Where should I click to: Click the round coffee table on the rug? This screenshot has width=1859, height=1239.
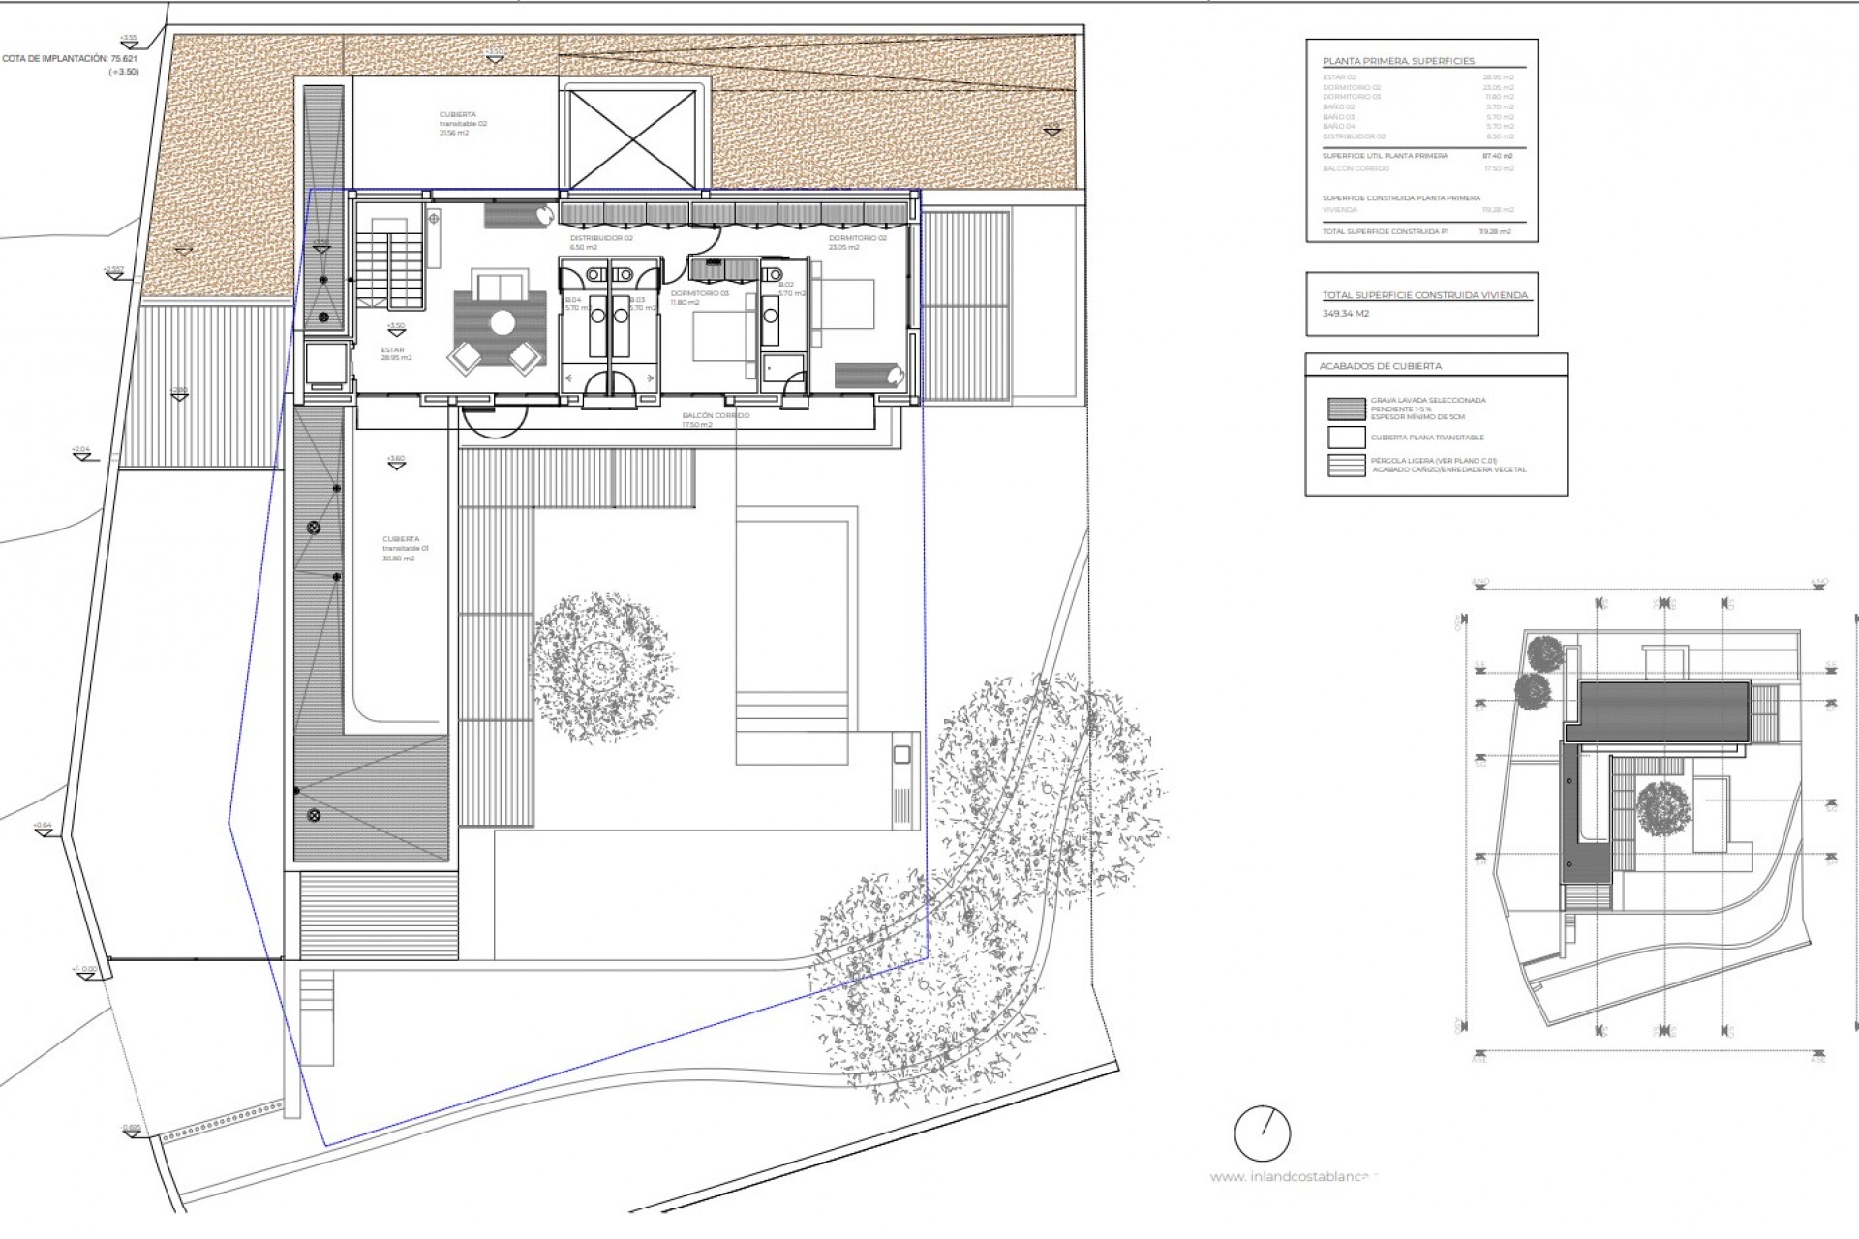[502, 322]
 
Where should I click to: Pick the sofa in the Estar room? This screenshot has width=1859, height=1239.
[500, 287]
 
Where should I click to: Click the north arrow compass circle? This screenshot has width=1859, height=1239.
[1263, 1133]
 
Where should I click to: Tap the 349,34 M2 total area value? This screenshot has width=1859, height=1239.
[1346, 314]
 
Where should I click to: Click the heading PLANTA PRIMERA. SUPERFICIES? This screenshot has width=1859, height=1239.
[1398, 61]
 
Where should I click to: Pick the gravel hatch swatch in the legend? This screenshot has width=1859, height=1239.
[1346, 408]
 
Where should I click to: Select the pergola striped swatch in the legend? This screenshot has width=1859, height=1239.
[1346, 465]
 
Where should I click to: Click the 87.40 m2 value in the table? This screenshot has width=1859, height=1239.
[1498, 156]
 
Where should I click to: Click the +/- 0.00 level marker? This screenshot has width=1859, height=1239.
[84, 969]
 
